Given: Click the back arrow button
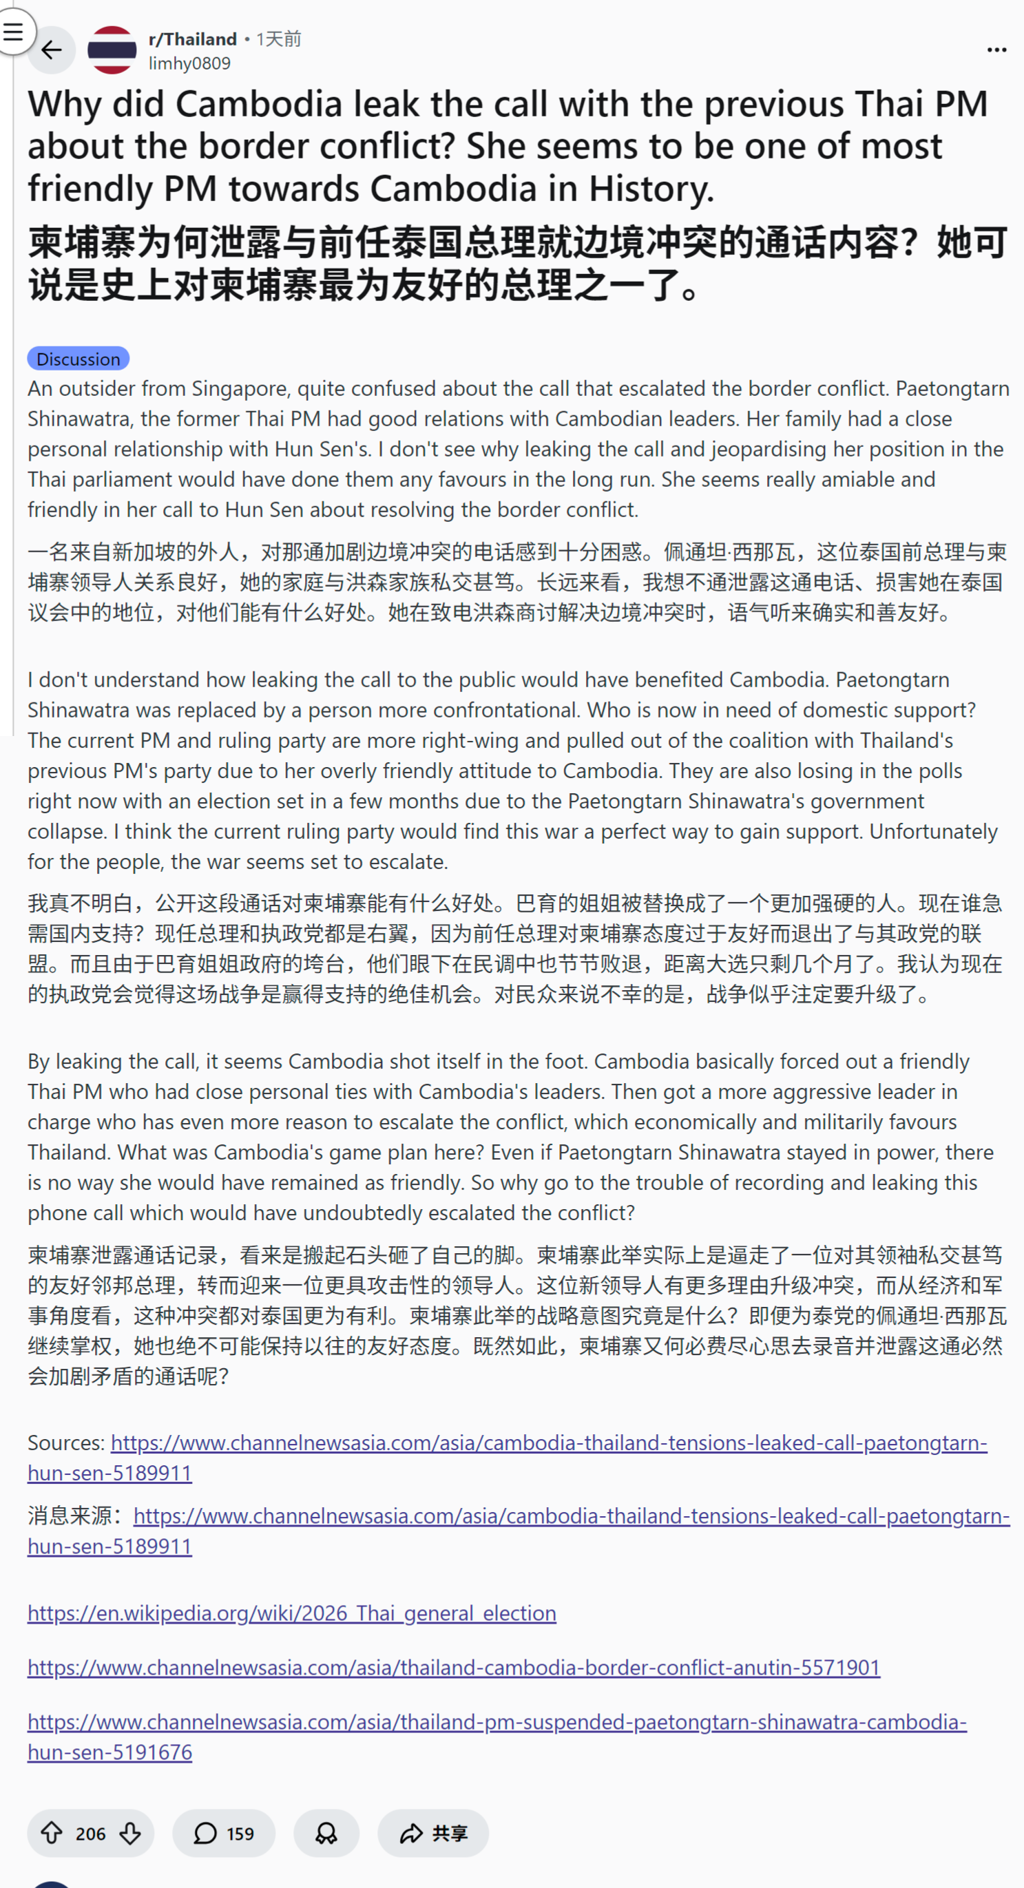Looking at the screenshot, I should pyautogui.click(x=52, y=50).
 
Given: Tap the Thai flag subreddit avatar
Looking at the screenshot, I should pyautogui.click(x=112, y=50).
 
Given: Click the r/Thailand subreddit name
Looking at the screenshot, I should pyautogui.click(x=192, y=39).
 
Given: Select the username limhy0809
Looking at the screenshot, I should pyautogui.click(x=189, y=64).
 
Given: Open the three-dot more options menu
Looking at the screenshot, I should pyautogui.click(x=996, y=50).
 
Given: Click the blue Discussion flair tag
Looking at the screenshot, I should pyautogui.click(x=79, y=359).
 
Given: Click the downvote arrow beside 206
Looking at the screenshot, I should pyautogui.click(x=130, y=1833).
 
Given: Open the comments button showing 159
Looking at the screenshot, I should pyautogui.click(x=224, y=1833).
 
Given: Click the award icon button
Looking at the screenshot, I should pyautogui.click(x=326, y=1833).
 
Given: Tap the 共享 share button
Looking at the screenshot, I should pyautogui.click(x=433, y=1833).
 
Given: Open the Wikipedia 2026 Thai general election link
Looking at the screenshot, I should pyautogui.click(x=292, y=1613).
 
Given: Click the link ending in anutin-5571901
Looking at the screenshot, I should pyautogui.click(x=454, y=1668).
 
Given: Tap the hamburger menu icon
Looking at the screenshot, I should pyautogui.click(x=13, y=31).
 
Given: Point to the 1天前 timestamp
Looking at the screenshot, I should pyautogui.click(x=278, y=39).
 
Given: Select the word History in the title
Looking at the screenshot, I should pyautogui.click(x=651, y=189).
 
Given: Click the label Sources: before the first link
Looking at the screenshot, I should pyautogui.click(x=66, y=1443).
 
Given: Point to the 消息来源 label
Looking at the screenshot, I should pyautogui.click(x=76, y=1515).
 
